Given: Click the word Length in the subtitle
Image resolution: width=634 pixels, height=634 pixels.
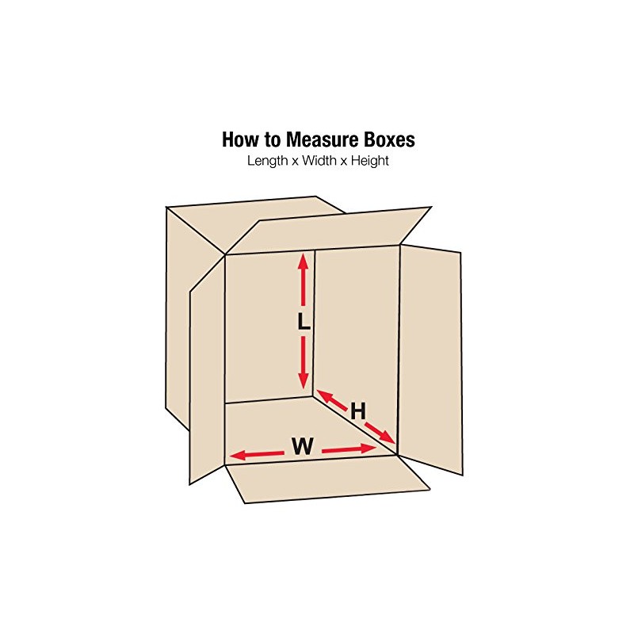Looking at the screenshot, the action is coord(267,161).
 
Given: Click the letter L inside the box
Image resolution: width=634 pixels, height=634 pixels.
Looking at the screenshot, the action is coord(303,322).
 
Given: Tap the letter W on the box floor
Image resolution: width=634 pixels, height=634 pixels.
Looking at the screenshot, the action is coord(302,447).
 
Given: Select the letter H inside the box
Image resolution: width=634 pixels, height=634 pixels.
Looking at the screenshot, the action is coord(358,411).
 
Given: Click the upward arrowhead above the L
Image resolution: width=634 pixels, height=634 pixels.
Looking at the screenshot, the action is coord(303,260).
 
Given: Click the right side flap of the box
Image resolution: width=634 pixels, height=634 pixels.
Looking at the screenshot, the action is coord(430,357).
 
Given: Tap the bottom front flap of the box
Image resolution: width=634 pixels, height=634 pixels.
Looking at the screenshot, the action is coord(325,479).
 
